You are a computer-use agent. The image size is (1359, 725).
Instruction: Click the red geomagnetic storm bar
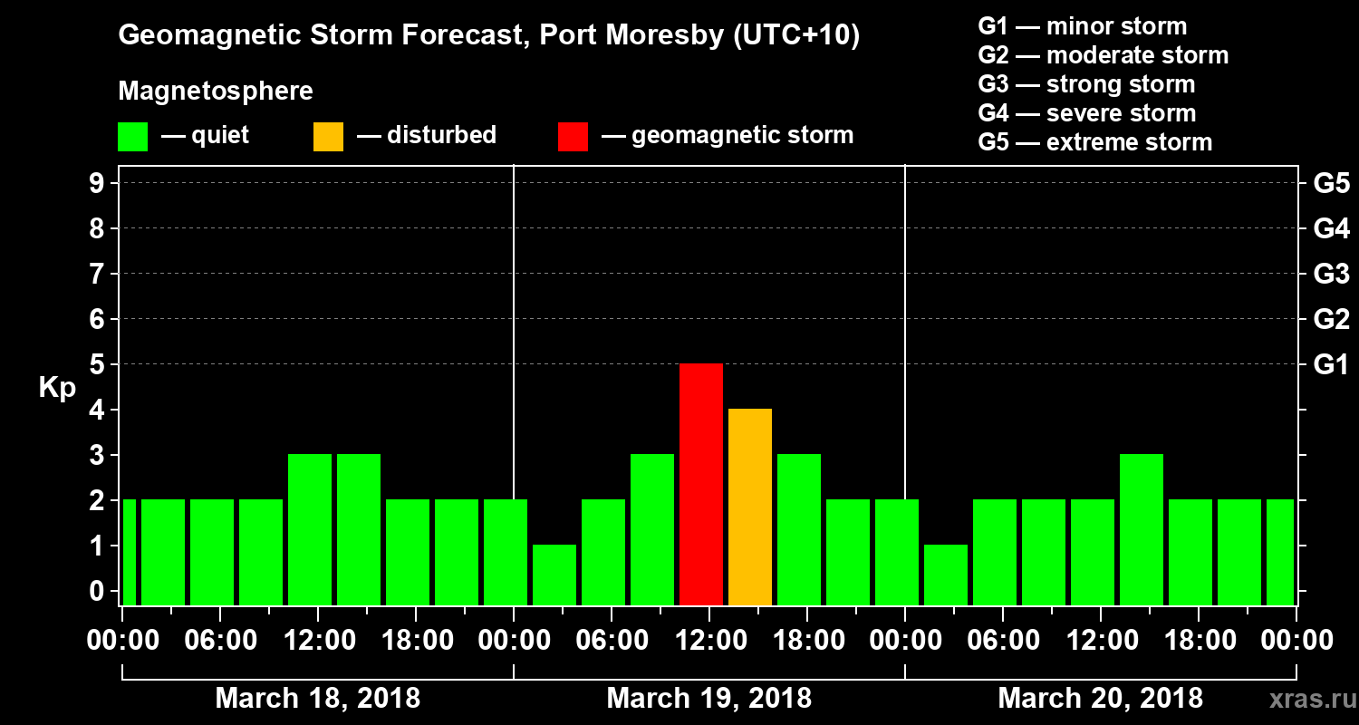[x=701, y=484]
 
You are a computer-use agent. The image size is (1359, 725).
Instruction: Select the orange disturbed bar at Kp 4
[x=750, y=507]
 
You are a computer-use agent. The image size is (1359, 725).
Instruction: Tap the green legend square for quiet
[x=132, y=136]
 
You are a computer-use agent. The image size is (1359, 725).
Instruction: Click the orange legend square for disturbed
[x=328, y=136]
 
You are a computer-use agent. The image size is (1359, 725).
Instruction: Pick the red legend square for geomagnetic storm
[x=573, y=136]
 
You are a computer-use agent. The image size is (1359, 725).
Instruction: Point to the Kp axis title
[x=57, y=387]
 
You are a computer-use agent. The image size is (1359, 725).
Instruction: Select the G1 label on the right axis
[x=1331, y=364]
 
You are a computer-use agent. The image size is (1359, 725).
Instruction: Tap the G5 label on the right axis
[x=1331, y=183]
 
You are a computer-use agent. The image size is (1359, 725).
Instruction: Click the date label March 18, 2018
[x=317, y=699]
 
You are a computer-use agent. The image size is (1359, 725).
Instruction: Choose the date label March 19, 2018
[x=708, y=699]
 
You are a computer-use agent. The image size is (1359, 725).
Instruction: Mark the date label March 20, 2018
[x=1100, y=699]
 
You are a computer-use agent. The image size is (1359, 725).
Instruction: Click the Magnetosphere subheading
[x=216, y=92]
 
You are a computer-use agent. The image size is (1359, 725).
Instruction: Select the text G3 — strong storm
[x=1086, y=84]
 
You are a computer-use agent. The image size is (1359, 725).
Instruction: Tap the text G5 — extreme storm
[x=1094, y=142]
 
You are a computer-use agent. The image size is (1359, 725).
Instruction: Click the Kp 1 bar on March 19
[x=554, y=575]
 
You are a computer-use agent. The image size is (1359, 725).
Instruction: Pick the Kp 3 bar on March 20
[x=1142, y=529]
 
